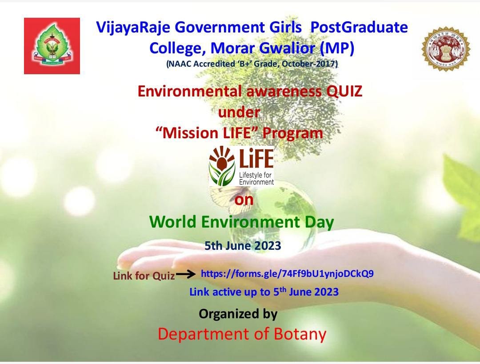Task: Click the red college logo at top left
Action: (52, 46)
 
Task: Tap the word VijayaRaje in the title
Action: (133, 28)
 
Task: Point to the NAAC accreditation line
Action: (252, 64)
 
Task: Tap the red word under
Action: (239, 112)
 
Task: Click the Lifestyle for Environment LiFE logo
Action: (241, 166)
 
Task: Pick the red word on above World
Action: (244, 200)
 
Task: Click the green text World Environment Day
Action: (241, 222)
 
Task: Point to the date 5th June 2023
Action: (243, 245)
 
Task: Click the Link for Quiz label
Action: (144, 276)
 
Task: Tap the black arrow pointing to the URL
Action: (186, 274)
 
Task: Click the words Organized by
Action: (238, 314)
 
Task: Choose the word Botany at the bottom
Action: (300, 334)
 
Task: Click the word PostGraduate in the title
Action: (359, 28)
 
